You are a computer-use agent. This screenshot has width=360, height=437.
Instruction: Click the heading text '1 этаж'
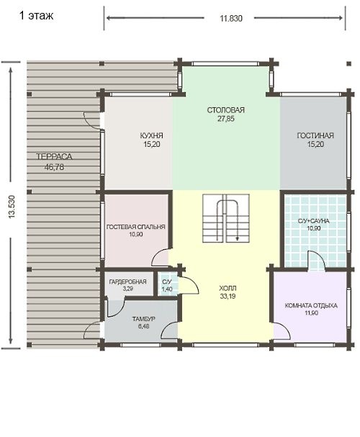tap(36, 15)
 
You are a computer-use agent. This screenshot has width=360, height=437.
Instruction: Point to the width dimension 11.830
tap(231, 19)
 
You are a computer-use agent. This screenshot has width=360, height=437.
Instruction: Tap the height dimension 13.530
tap(12, 207)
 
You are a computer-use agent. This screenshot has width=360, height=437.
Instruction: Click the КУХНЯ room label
tap(152, 136)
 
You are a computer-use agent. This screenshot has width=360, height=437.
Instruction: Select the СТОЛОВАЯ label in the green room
tap(225, 110)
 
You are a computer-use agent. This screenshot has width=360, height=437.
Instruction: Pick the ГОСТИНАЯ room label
tap(315, 136)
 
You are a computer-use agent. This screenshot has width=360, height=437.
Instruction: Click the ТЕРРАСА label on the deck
tap(54, 157)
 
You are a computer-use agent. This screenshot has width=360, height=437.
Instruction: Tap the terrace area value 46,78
tap(54, 167)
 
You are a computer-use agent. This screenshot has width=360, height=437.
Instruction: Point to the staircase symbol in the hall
tap(225, 219)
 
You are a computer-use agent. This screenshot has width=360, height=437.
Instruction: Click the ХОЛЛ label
tap(228, 288)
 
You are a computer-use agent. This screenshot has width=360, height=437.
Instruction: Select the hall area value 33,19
tap(228, 297)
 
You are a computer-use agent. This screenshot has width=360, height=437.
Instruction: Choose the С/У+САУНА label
tap(314, 221)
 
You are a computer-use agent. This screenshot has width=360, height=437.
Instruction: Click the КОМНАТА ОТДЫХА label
tap(311, 306)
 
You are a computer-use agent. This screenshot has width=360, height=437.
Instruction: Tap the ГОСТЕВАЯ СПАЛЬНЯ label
tap(135, 227)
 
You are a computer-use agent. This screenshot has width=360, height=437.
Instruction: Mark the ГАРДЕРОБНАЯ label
tap(127, 281)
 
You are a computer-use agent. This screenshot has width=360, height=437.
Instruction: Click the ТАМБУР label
tap(143, 319)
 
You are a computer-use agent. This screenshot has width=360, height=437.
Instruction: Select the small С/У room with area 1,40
tap(167, 285)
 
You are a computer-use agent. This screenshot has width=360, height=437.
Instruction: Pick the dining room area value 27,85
tap(225, 119)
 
